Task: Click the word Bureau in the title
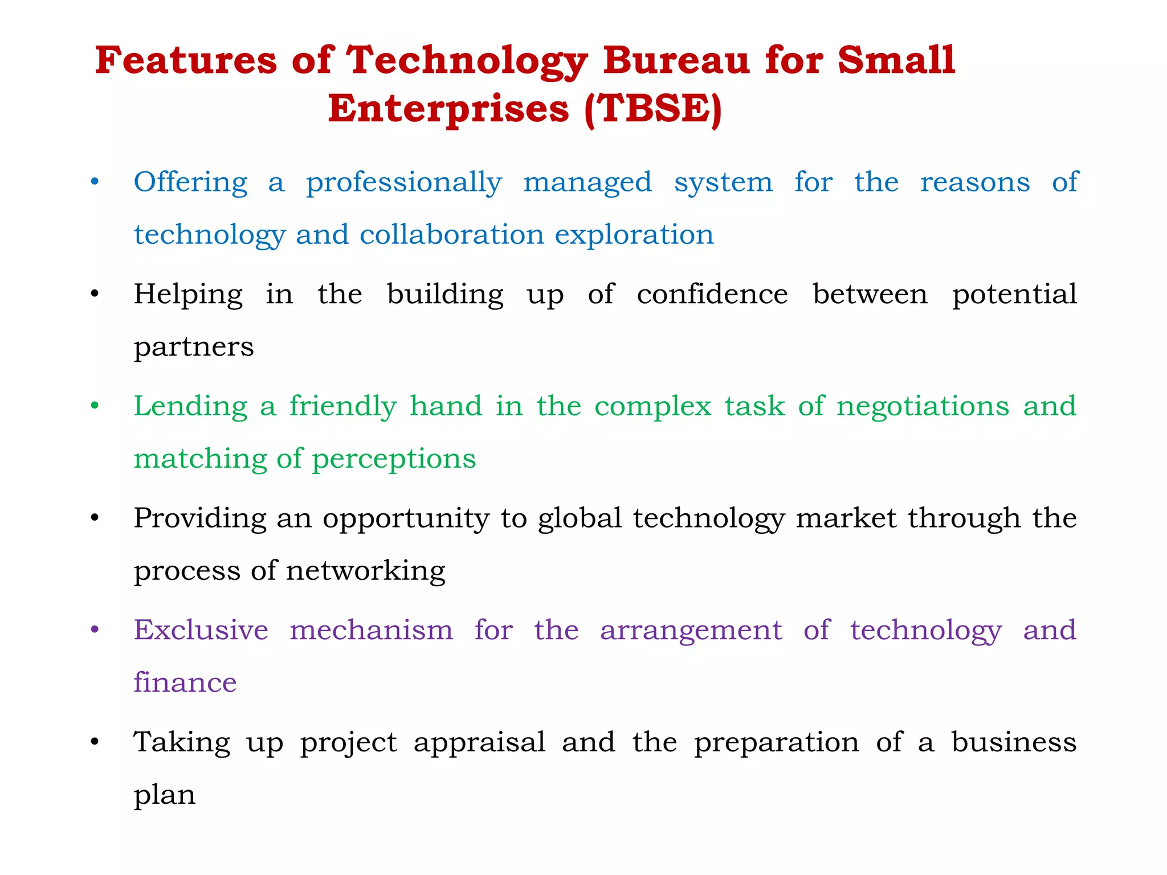click(x=676, y=60)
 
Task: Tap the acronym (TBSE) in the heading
click(x=653, y=108)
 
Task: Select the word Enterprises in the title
click(x=448, y=108)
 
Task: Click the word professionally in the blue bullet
click(x=404, y=183)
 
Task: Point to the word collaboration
click(x=452, y=235)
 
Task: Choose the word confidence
click(x=712, y=295)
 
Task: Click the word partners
click(x=194, y=347)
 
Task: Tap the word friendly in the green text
click(x=342, y=407)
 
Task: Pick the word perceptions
click(x=394, y=459)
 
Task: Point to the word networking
click(x=365, y=571)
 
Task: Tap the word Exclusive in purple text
click(x=201, y=630)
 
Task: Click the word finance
click(x=185, y=682)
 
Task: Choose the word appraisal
click(x=479, y=743)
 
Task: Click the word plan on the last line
click(x=165, y=795)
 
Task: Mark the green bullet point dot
click(x=95, y=406)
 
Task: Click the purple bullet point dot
click(x=95, y=630)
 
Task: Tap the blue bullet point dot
click(x=95, y=182)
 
